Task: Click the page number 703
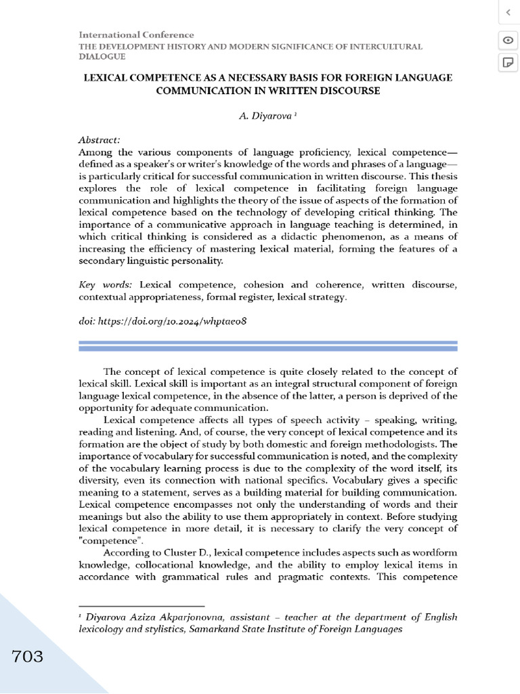pos(27,657)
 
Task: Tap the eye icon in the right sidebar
pos(506,40)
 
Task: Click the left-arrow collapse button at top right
pos(506,12)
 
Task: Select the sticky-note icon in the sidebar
pos(506,63)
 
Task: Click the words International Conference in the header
pos(136,35)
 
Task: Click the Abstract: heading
pos(100,140)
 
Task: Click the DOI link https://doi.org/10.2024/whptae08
pos(172,321)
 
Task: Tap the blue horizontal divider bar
pos(268,346)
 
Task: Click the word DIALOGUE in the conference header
pos(102,57)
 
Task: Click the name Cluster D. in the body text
pos(181,553)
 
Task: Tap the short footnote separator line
pos(142,606)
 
